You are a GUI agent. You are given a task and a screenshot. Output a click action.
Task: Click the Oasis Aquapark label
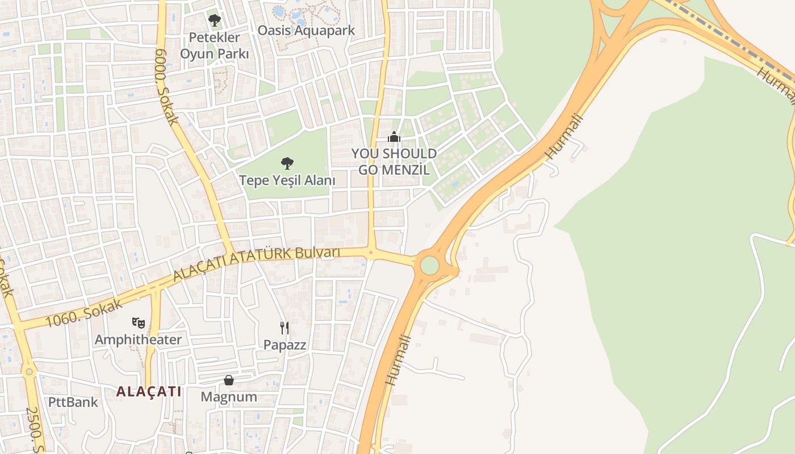[x=306, y=30]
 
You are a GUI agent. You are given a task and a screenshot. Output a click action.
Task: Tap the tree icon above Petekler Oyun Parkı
[x=214, y=20]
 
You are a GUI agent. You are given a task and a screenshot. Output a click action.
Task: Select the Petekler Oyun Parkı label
[x=214, y=46]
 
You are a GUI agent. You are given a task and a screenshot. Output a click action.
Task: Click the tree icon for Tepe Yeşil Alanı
[x=287, y=163]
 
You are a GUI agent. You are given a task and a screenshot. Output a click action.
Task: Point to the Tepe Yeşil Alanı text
[x=287, y=180]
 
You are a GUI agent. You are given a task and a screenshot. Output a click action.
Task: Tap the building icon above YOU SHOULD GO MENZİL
[x=394, y=137]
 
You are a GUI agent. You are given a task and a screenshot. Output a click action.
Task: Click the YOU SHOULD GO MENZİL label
[x=394, y=162]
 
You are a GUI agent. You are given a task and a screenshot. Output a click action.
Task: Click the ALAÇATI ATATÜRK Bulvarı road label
[x=257, y=263]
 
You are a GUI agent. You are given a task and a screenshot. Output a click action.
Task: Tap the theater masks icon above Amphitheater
[x=138, y=323]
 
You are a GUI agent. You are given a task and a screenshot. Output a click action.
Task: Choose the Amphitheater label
[x=138, y=340]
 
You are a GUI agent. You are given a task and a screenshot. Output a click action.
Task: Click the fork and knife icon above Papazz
[x=284, y=327]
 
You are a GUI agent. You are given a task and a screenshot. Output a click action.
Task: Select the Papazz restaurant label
[x=284, y=344]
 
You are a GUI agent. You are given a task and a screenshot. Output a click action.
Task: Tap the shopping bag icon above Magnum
[x=229, y=380]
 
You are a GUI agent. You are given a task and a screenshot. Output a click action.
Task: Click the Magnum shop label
[x=229, y=397]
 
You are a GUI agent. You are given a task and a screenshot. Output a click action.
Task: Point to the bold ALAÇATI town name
[x=149, y=391]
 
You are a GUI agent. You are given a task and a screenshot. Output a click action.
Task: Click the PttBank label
[x=73, y=402]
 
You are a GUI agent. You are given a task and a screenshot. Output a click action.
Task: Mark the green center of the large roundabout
[x=430, y=265]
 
